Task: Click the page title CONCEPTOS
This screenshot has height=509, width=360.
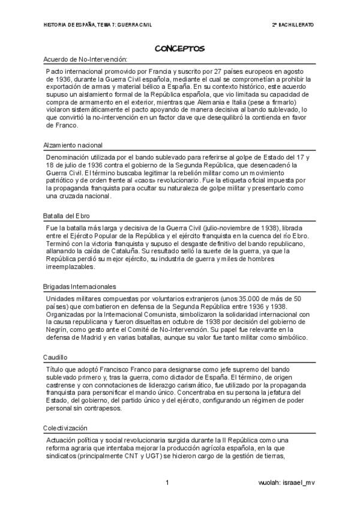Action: (x=180, y=47)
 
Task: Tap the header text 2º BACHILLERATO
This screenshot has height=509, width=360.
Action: (x=293, y=25)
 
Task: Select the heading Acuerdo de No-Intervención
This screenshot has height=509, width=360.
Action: (x=86, y=59)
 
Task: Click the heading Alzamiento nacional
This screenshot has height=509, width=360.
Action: (x=73, y=145)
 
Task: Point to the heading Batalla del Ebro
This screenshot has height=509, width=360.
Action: (x=67, y=215)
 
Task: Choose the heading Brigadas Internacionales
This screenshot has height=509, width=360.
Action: (x=80, y=286)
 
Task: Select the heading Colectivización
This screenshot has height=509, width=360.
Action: (x=65, y=428)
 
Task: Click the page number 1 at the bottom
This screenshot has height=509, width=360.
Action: (x=167, y=483)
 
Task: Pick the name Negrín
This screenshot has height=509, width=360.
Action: (x=57, y=329)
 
